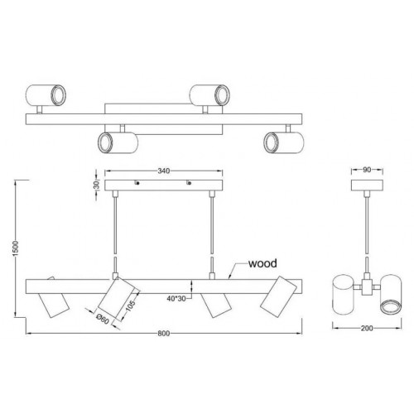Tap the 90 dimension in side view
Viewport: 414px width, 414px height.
click(364, 171)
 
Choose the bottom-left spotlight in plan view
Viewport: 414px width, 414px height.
click(111, 142)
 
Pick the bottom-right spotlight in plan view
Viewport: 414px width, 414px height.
click(277, 142)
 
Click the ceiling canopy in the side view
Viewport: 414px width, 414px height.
click(364, 185)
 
